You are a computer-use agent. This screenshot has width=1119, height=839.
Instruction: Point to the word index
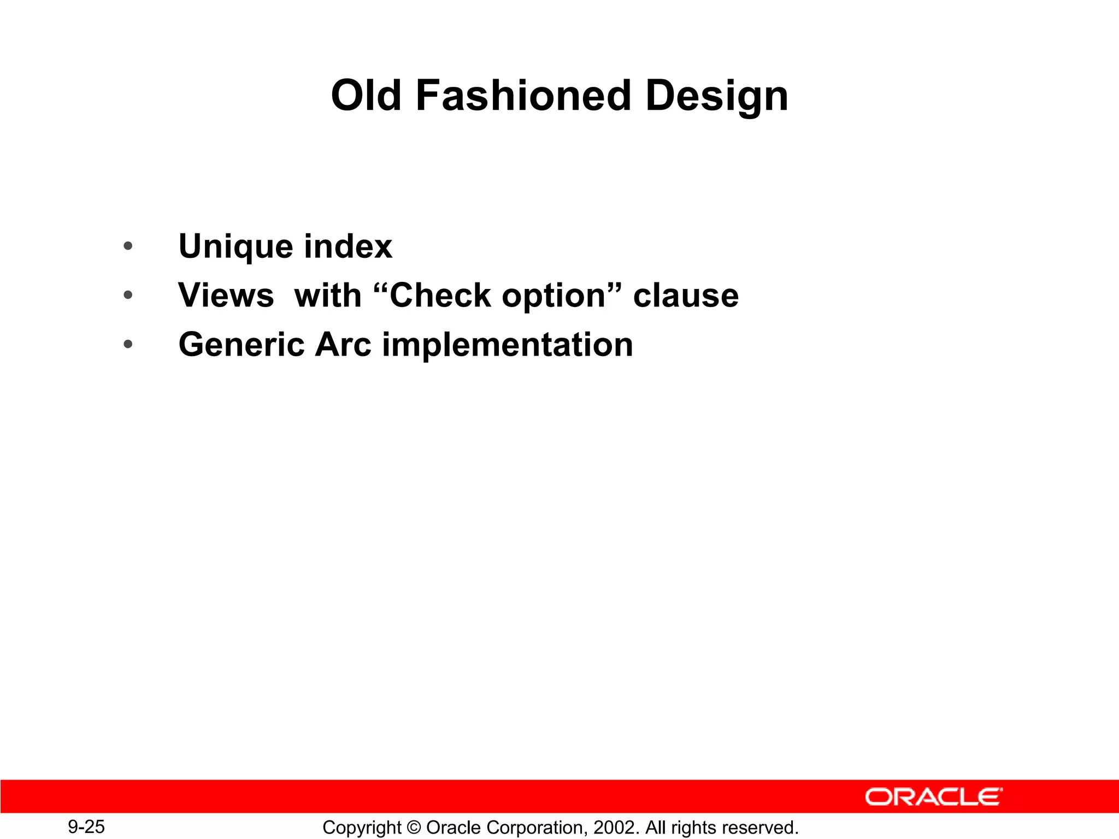tap(348, 246)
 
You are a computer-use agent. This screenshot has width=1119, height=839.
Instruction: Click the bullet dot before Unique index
tap(128, 246)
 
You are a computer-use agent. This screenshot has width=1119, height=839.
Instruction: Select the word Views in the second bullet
tap(226, 296)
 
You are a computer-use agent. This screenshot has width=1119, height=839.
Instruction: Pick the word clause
tap(686, 296)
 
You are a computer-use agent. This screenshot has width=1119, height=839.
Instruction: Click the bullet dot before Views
tap(128, 296)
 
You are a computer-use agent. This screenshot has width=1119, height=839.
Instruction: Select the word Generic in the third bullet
tap(242, 345)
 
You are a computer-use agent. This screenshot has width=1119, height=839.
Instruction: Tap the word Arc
tap(343, 345)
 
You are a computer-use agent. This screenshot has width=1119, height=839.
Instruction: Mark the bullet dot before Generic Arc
tap(128, 345)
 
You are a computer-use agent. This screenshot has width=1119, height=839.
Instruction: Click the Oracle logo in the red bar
tap(933, 797)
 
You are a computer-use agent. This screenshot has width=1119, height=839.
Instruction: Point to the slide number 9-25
tap(86, 826)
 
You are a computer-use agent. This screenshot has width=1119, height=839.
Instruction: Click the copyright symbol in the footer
tap(414, 828)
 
